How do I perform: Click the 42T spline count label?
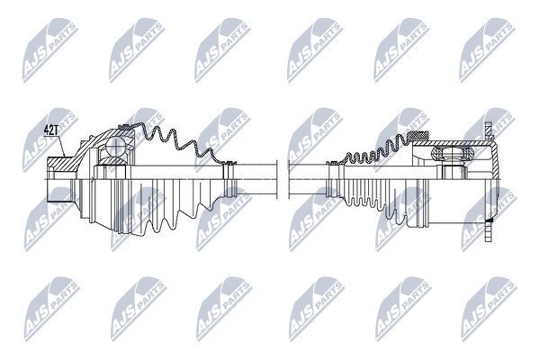[51, 130]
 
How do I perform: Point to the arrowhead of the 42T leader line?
[65, 156]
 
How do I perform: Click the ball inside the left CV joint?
[115, 147]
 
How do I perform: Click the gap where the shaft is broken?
[283, 179]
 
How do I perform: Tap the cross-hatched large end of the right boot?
[420, 135]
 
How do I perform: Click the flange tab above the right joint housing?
[489, 130]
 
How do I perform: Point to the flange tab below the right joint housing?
[489, 230]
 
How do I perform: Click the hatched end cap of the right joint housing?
[496, 161]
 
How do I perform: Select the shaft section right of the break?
[308, 179]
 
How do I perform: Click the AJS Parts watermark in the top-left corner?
[50, 50]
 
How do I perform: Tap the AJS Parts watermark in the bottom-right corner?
[489, 309]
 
